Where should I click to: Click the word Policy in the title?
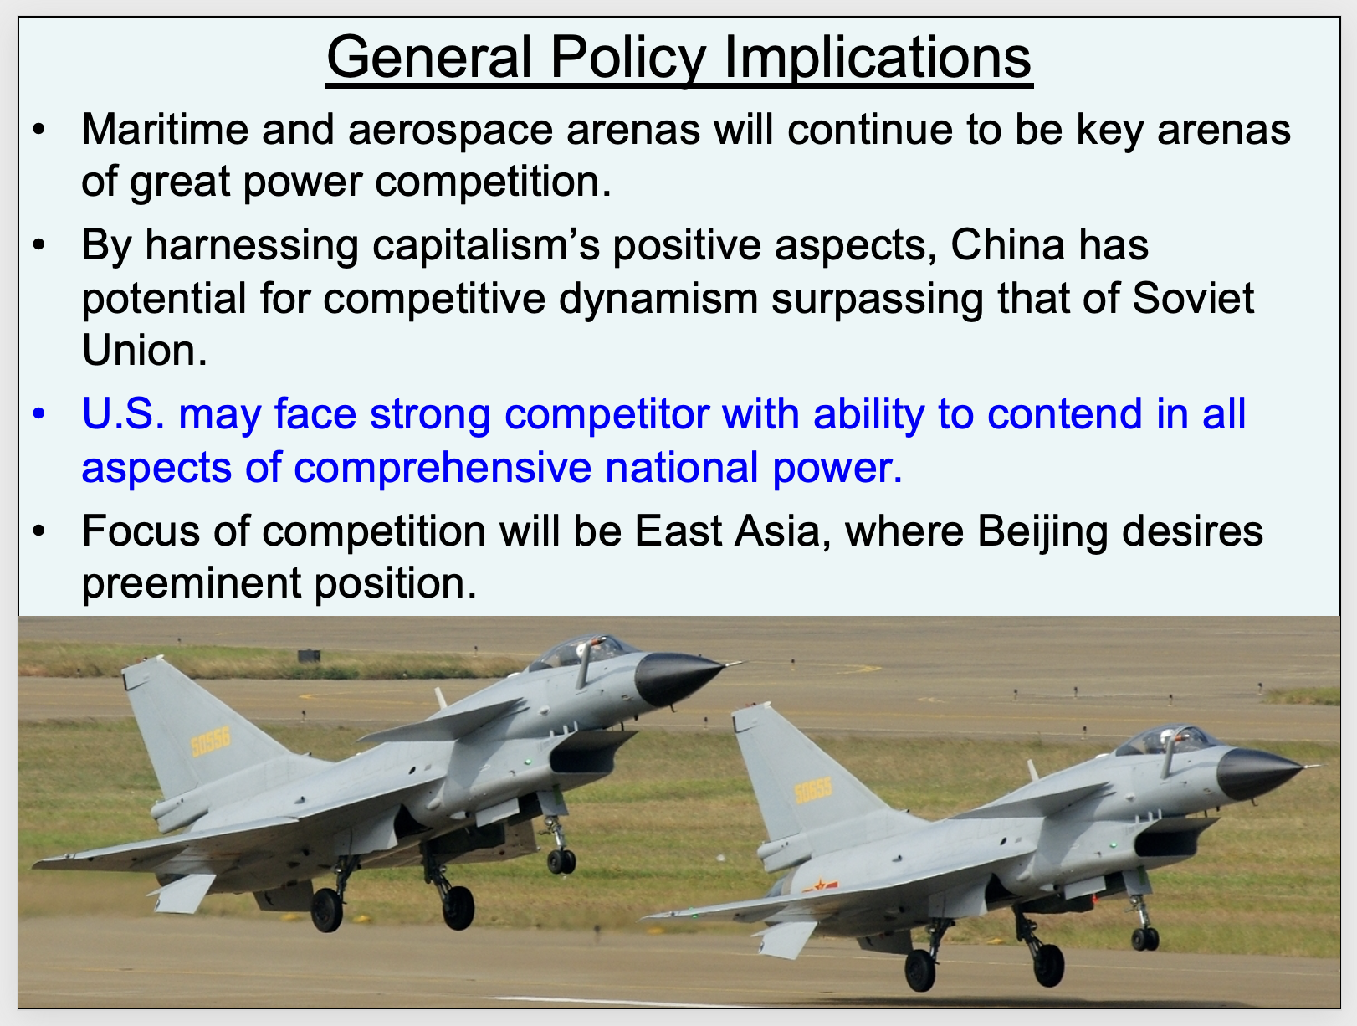(x=627, y=59)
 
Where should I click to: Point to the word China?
(x=1007, y=244)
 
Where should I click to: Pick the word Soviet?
(x=1192, y=298)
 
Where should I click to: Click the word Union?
(x=144, y=350)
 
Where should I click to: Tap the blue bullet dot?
(x=39, y=413)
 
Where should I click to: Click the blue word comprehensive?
(x=442, y=468)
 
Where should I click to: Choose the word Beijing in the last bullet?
(x=1042, y=533)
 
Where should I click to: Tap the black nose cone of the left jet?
(x=676, y=678)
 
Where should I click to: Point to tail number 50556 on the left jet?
(x=210, y=741)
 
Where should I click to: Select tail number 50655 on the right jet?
(x=813, y=792)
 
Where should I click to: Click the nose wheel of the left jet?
(x=561, y=861)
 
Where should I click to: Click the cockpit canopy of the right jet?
(x=1165, y=741)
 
